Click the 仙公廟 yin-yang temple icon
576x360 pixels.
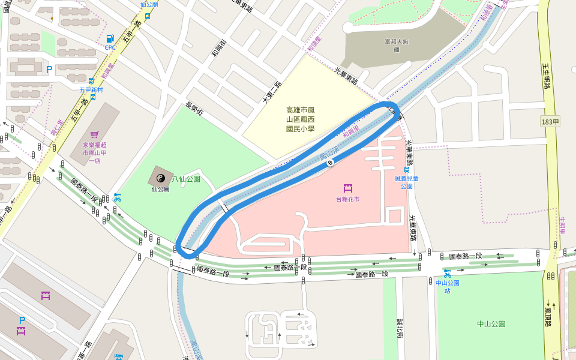pos(160,178)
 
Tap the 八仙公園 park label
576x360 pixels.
pos(186,179)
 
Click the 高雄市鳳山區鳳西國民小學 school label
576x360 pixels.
pos(300,119)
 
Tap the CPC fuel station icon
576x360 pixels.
pos(110,39)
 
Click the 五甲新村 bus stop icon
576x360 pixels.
pos(91,81)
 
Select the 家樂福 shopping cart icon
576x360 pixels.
pos(94,135)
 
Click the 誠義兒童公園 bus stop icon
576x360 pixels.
pos(407,170)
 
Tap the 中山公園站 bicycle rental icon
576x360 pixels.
pos(447,274)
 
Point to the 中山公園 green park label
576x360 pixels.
pos(491,324)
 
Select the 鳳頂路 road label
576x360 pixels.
pos(547,313)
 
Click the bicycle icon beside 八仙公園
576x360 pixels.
pos(117,197)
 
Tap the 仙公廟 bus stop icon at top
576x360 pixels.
pos(148,16)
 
